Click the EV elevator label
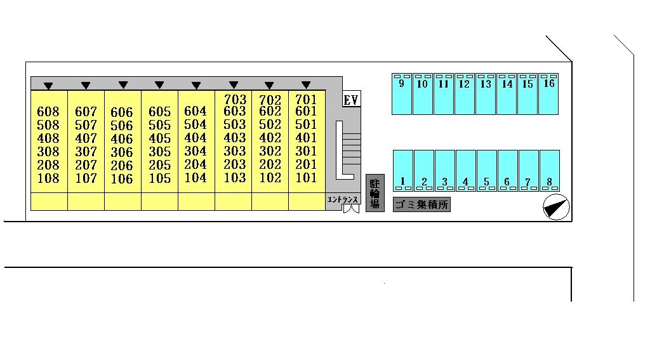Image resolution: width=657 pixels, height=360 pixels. click(x=351, y=100)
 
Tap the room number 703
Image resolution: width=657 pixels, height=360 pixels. click(x=235, y=100)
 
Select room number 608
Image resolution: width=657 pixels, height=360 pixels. click(x=48, y=112)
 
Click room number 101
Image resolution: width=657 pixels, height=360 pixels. click(x=306, y=178)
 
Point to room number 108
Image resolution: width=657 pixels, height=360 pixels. click(x=48, y=178)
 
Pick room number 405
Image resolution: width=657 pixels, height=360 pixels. click(x=159, y=139)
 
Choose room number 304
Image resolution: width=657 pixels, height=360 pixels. click(x=196, y=152)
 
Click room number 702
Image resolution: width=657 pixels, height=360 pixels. click(x=270, y=100)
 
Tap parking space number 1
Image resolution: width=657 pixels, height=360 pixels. click(x=402, y=182)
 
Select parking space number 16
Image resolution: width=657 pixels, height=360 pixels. click(x=549, y=83)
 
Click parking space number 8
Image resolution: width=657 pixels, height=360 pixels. click(x=549, y=182)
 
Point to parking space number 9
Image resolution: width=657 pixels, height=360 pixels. click(x=401, y=83)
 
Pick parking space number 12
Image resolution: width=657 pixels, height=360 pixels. click(x=464, y=83)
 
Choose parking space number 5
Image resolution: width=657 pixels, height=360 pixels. click(x=486, y=182)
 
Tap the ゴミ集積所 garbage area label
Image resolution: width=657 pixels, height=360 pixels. click(x=421, y=204)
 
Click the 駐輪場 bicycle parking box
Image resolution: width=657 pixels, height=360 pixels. click(x=375, y=193)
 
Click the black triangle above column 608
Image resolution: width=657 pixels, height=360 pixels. click(x=48, y=85)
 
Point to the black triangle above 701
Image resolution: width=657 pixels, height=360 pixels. click(x=306, y=84)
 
